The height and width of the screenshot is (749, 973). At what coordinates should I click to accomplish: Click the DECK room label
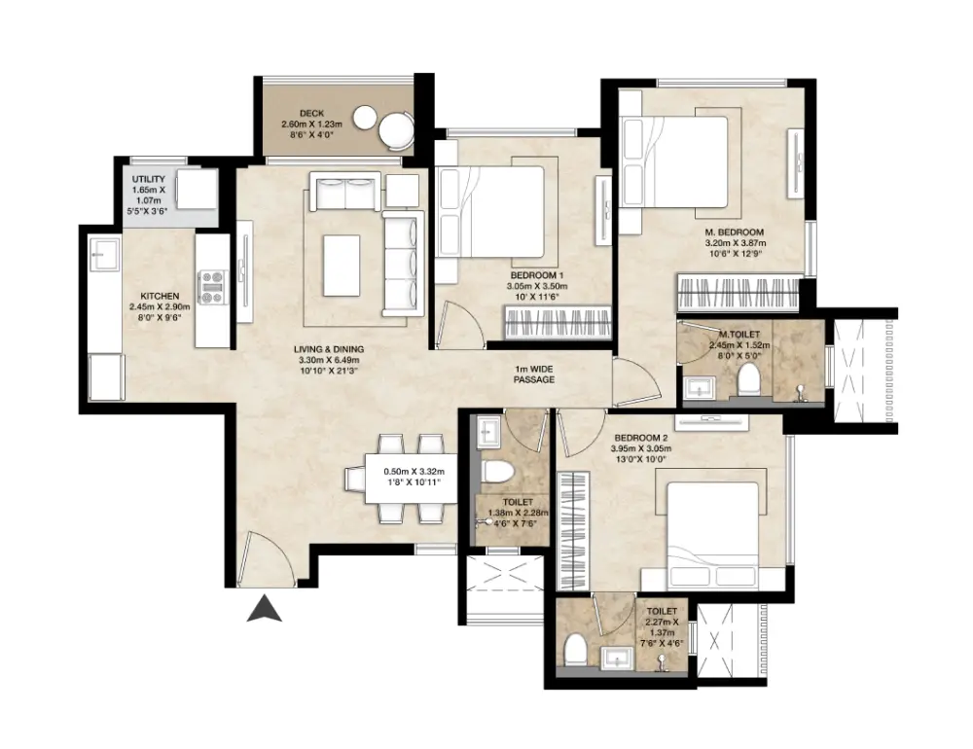point(311,113)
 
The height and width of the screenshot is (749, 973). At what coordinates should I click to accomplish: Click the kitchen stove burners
point(212,287)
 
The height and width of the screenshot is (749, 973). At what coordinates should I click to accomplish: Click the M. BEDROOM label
point(735,232)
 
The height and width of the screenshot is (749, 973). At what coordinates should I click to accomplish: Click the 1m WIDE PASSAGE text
point(535,374)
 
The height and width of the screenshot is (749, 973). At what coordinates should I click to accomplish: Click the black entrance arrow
point(264,609)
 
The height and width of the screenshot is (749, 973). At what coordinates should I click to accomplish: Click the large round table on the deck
point(396,129)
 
